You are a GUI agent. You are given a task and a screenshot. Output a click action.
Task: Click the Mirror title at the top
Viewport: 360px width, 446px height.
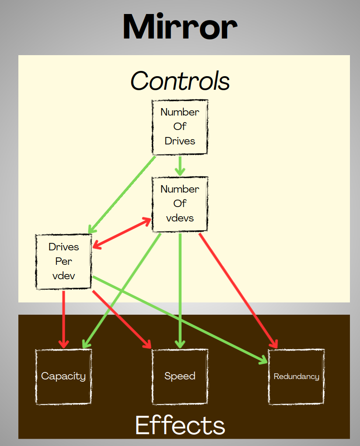coord(180,27)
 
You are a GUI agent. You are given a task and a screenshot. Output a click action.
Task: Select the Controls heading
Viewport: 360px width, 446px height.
coord(180,81)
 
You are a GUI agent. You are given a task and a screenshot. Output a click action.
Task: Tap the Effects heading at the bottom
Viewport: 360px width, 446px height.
coord(180,425)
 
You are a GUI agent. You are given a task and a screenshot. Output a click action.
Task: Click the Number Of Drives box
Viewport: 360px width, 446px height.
coord(180,127)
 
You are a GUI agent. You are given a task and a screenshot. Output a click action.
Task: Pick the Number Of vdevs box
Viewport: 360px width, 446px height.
coord(180,204)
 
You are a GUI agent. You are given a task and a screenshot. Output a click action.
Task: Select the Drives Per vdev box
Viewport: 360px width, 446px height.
coord(64,262)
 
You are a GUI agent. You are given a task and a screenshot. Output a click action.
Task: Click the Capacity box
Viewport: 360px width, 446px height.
coord(64,376)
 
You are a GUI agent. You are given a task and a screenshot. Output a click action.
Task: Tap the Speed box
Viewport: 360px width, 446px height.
coord(180,376)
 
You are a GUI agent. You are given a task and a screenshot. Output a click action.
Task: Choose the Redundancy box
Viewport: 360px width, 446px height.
coord(296,376)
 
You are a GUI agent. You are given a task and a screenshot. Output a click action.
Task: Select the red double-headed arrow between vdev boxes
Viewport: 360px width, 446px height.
coord(122,232)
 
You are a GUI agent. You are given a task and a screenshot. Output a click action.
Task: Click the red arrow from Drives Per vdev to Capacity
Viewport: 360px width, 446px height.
coord(64,317)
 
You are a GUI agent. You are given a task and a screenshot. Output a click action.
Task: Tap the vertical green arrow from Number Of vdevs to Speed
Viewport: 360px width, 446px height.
coord(179,289)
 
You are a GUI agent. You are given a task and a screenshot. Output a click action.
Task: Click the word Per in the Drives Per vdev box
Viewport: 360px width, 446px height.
coord(64,262)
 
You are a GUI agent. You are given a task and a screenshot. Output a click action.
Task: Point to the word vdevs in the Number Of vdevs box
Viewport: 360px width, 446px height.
coord(180,218)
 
